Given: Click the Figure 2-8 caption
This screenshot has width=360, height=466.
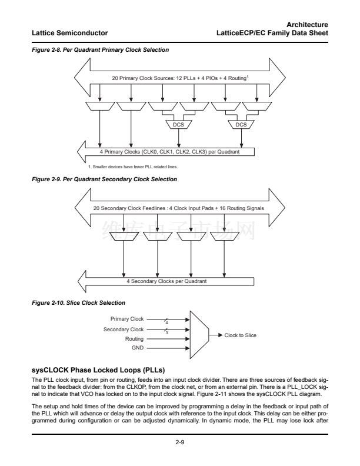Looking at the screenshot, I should [101, 50].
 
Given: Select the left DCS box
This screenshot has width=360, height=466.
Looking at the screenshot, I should [178, 125].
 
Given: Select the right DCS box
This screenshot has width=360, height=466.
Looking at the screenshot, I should [241, 125].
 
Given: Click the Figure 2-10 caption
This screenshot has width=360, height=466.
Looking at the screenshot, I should [78, 302].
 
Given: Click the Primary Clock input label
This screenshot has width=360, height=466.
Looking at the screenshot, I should [127, 319].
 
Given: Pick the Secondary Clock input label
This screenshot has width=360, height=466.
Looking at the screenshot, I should [124, 329].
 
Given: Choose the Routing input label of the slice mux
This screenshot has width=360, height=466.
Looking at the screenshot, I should [135, 339].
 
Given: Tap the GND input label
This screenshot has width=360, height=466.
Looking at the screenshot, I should [138, 348].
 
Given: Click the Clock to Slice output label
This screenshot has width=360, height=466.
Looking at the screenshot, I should [241, 335].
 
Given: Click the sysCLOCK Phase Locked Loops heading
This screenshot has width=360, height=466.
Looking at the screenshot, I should [98, 369].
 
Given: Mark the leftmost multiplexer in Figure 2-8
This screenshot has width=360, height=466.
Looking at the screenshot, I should [100, 106].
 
